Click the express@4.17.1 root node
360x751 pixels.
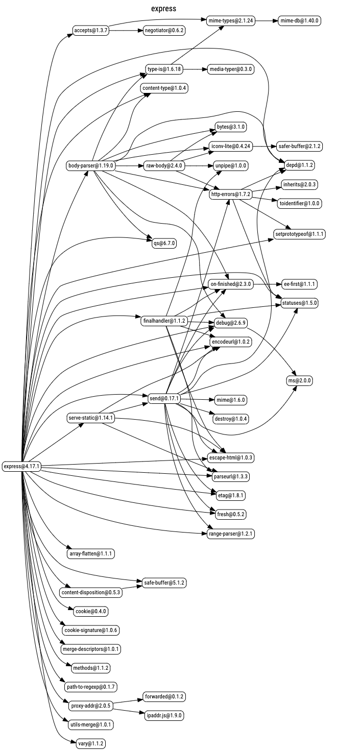[21, 466]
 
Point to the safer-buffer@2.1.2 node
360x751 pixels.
[300, 147]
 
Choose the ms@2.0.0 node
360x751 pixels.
[299, 380]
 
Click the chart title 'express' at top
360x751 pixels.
[163, 9]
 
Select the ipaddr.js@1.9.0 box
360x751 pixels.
[164, 715]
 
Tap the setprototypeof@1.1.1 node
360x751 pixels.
[299, 234]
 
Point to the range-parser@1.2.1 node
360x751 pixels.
[231, 534]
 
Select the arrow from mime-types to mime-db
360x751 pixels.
[266, 21]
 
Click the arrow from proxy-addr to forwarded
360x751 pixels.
[128, 701]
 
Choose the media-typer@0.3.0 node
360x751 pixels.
[231, 69]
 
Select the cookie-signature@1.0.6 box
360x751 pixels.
[91, 630]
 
